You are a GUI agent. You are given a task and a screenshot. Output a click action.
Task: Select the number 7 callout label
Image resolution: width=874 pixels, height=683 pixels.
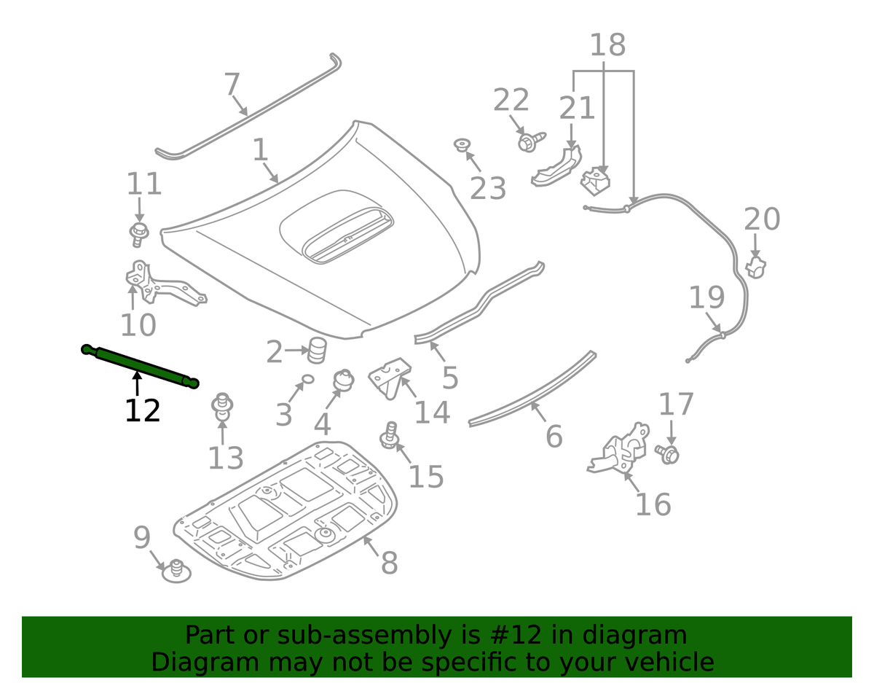(232, 85)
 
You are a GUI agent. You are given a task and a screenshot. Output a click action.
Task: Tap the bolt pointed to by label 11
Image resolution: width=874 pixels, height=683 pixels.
(138, 234)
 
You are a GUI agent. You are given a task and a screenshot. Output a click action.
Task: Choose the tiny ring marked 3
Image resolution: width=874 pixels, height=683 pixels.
(307, 379)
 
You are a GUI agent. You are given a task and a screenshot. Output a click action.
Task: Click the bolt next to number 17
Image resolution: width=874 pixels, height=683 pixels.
(669, 454)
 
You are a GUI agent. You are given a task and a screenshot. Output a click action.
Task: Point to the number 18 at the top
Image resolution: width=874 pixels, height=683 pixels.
(607, 45)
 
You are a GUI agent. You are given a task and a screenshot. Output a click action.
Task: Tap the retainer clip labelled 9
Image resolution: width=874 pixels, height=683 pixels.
(175, 570)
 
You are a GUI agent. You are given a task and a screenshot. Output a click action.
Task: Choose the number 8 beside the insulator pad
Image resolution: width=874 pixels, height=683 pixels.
(389, 563)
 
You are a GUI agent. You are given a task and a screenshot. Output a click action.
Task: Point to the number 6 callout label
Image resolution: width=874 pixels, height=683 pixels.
(554, 437)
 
